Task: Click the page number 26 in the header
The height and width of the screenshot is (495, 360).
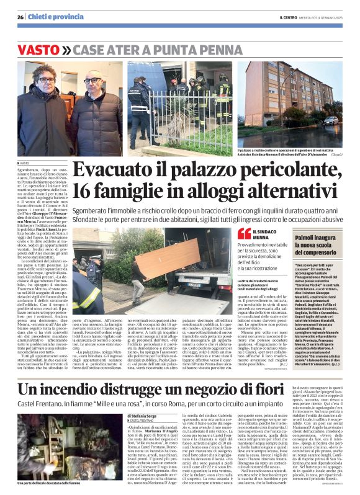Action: click(x=20, y=17)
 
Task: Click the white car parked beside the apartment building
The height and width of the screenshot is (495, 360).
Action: click(x=330, y=120)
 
